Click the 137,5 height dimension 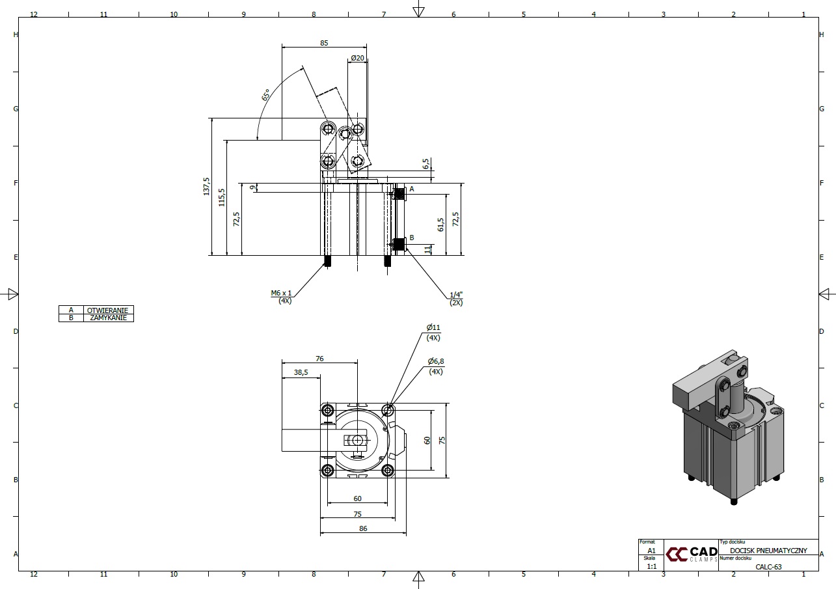(207, 186)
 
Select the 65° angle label (266, 95)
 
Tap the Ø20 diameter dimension (357, 58)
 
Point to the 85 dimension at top (324, 43)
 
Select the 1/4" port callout (456, 295)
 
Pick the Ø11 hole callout (433, 327)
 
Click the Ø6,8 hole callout (436, 361)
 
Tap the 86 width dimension (363, 528)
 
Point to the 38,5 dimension (301, 373)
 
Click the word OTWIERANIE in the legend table (109, 310)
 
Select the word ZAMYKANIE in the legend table (109, 318)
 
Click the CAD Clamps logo (691, 554)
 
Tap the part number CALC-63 (768, 566)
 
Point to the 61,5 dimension (441, 225)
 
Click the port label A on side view (412, 189)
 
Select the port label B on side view (412, 238)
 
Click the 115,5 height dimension (222, 197)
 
